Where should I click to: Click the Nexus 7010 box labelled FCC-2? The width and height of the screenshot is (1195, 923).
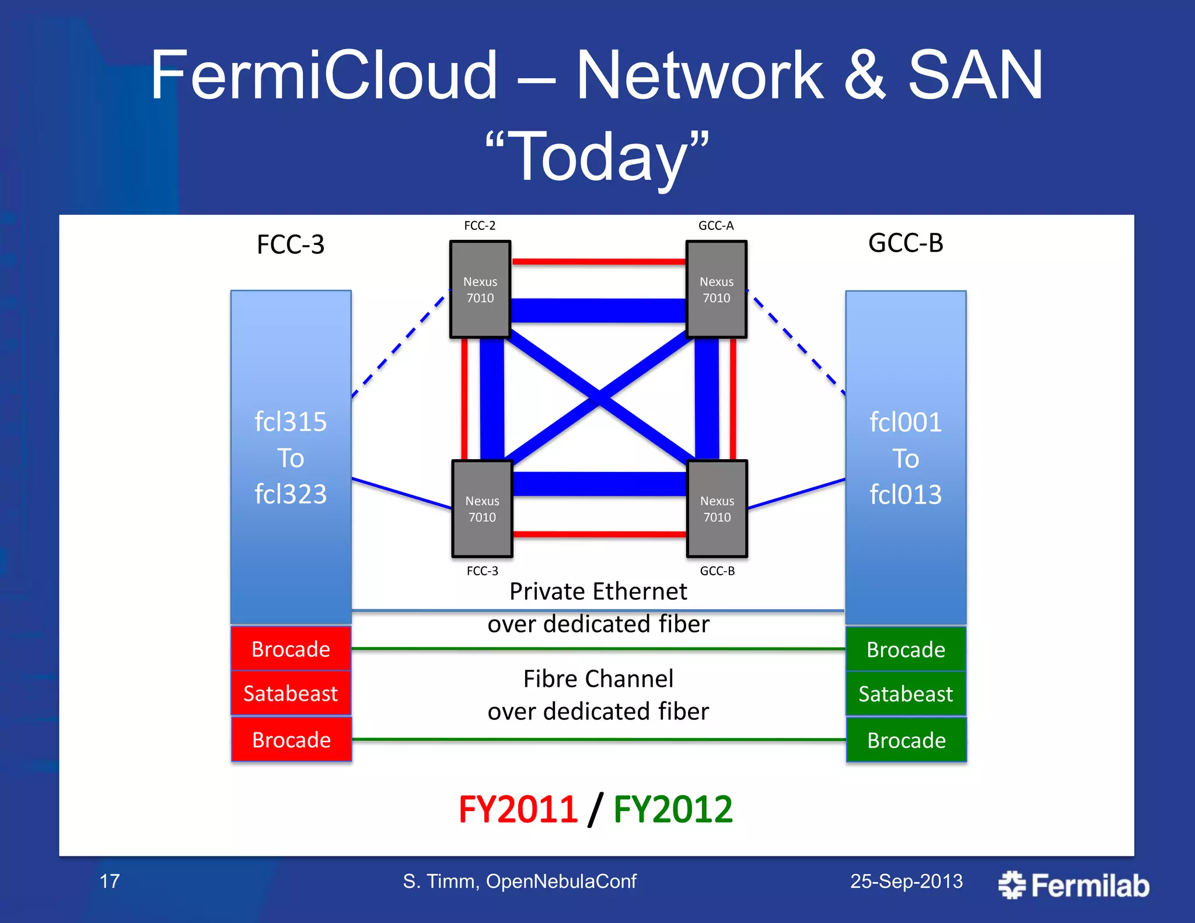tap(480, 289)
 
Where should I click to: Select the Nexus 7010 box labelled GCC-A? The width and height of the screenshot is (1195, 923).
tap(716, 289)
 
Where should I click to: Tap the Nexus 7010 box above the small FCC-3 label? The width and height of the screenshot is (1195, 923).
tap(482, 509)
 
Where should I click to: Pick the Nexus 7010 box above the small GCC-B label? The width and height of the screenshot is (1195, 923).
tap(717, 509)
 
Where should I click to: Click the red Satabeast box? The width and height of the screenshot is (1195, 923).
tap(291, 693)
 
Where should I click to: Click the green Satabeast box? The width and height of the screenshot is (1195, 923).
tap(906, 694)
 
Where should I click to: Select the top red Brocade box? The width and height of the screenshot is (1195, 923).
tap(291, 649)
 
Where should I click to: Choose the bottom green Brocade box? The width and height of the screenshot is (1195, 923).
tap(906, 740)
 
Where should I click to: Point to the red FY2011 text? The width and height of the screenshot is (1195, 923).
tap(518, 810)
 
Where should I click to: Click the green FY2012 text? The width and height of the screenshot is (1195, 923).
tap(673, 810)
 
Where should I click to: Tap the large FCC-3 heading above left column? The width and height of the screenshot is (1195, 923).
tap(291, 244)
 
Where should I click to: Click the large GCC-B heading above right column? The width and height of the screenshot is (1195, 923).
tap(906, 243)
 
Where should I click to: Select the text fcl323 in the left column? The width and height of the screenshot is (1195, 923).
tap(291, 494)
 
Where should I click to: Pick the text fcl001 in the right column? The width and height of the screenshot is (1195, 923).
tap(906, 422)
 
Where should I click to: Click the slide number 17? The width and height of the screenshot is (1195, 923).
tap(110, 881)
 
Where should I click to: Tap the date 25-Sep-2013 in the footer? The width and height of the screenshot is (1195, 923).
tap(906, 881)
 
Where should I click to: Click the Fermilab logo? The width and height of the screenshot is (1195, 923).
tap(1074, 885)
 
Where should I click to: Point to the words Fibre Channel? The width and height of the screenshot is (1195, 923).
tap(598, 679)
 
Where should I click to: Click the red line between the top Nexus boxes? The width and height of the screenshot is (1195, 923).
tap(598, 262)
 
